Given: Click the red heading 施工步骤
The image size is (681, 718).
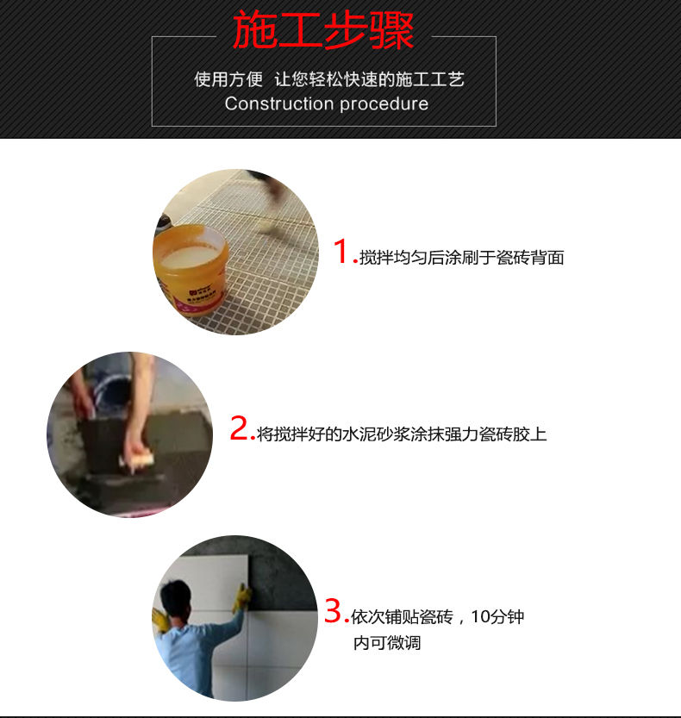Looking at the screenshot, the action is click(323, 30).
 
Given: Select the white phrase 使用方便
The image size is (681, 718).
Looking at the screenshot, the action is click(228, 79).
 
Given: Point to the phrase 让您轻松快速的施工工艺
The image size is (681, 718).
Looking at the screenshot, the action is click(369, 79).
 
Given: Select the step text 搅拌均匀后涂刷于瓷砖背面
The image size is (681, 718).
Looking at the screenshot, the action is click(462, 258).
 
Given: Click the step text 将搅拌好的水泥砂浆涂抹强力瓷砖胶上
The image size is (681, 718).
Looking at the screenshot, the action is click(402, 434).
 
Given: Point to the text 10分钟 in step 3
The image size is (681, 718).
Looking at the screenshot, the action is click(497, 617).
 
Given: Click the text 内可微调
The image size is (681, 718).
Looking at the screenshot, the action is click(387, 643).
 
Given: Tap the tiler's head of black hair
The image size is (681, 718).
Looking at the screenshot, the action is click(176, 596).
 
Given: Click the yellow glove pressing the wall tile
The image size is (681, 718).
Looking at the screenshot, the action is click(241, 597).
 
